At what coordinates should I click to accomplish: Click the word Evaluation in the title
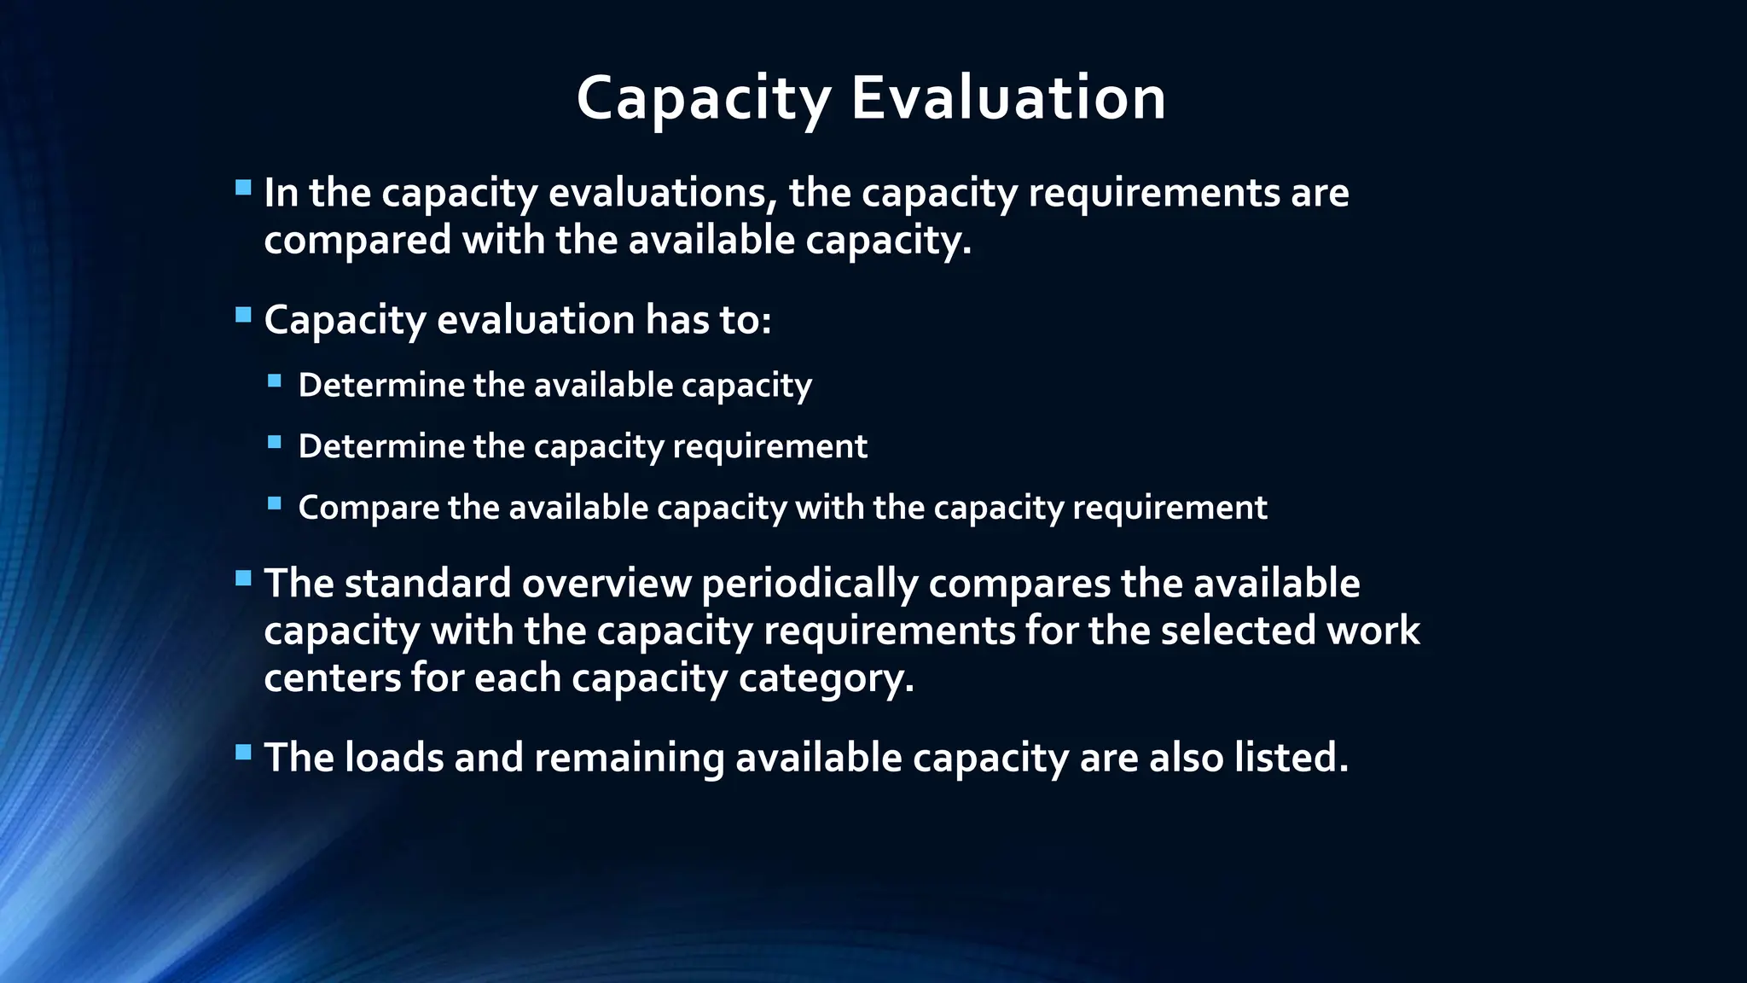tap(1008, 98)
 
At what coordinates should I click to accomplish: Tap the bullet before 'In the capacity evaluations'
tap(243, 188)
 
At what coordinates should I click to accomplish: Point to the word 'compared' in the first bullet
tap(357, 240)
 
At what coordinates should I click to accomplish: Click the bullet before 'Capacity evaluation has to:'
tap(243, 315)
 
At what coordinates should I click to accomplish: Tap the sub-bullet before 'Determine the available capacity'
tap(274, 381)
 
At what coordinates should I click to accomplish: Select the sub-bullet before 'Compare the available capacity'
tap(274, 503)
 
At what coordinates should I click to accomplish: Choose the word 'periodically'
tap(810, 584)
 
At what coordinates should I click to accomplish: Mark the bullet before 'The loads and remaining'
tap(243, 753)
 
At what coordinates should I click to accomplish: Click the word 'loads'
tap(394, 758)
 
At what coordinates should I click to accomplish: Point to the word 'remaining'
tap(629, 759)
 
